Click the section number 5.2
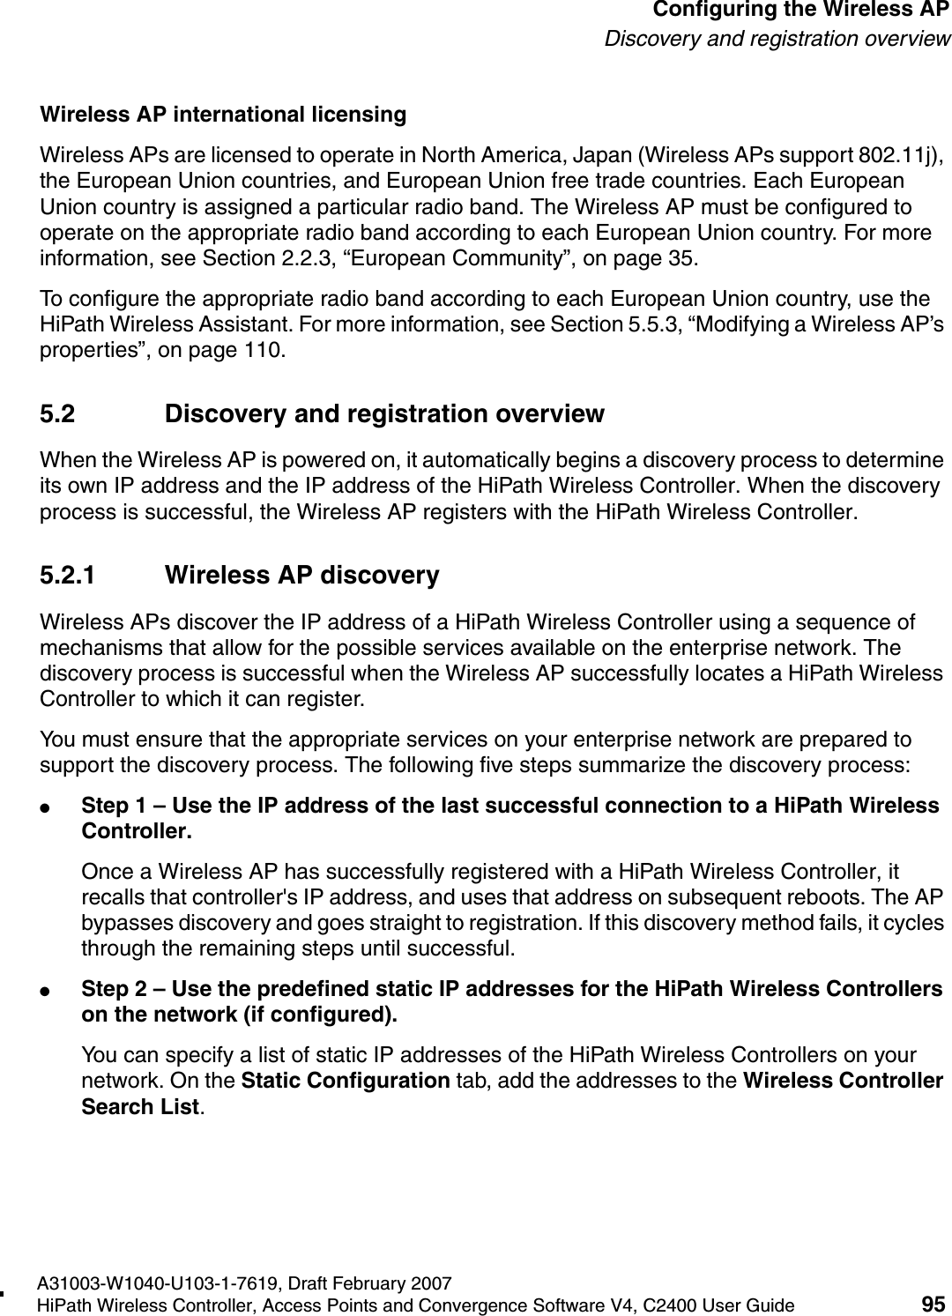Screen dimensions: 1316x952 coord(57,413)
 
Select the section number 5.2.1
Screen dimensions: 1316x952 coord(70,576)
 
